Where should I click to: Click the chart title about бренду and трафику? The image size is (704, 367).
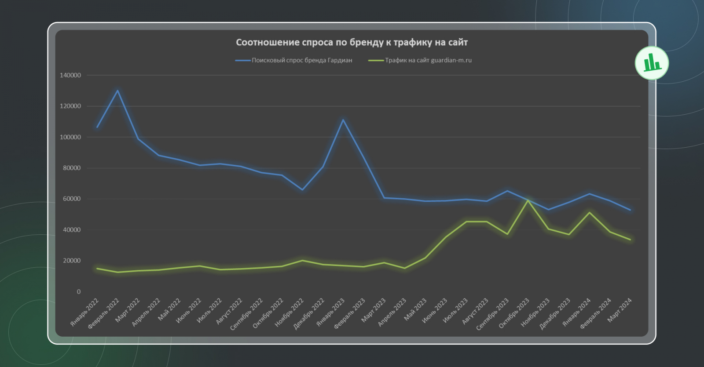[352, 43]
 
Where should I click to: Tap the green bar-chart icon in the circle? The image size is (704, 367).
[652, 63]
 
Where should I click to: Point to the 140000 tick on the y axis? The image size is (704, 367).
[70, 75]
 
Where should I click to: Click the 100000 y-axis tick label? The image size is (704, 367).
[70, 137]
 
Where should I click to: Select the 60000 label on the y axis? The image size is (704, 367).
[72, 199]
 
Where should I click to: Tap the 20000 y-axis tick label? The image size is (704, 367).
[72, 261]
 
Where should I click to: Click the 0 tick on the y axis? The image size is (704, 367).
[79, 291]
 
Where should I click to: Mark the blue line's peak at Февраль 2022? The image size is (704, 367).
[117, 91]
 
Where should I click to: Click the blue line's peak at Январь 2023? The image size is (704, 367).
[343, 120]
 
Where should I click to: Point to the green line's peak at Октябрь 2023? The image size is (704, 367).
[528, 200]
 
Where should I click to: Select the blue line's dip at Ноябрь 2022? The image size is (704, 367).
[302, 190]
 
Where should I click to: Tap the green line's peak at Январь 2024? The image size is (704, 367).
[589, 213]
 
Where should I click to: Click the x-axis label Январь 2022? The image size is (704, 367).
[85, 312]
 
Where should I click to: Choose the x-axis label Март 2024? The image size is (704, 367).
[620, 310]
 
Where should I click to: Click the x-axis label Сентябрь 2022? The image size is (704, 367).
[246, 314]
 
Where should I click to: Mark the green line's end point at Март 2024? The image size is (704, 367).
[630, 240]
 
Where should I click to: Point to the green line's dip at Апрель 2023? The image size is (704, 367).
[405, 268]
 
